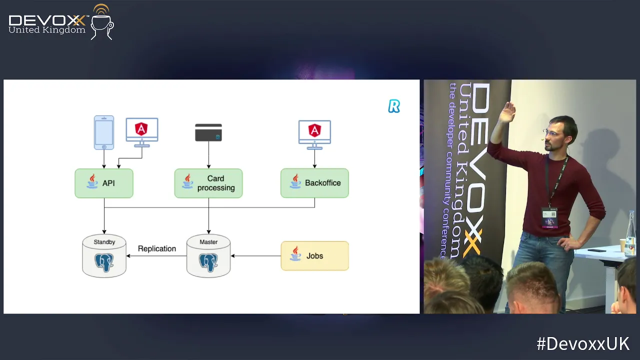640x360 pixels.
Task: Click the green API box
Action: click(x=104, y=183)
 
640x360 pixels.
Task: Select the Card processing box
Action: click(x=208, y=183)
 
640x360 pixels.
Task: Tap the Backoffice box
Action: click(x=314, y=183)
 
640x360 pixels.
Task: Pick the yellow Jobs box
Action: click(x=314, y=256)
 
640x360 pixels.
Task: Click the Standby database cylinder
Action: click(x=104, y=256)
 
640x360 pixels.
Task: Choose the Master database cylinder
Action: click(x=208, y=256)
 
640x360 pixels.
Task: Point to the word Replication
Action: click(x=157, y=248)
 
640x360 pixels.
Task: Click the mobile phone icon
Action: click(x=104, y=132)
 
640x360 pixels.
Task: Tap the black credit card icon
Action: click(x=208, y=133)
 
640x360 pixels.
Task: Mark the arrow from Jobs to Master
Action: click(x=255, y=256)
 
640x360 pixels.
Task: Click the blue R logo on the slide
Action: click(x=394, y=106)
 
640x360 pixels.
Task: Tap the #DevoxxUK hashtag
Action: click(x=583, y=344)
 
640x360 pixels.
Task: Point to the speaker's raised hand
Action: click(x=508, y=113)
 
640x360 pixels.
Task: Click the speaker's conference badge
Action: click(x=549, y=217)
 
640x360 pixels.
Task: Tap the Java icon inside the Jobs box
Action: click(x=295, y=254)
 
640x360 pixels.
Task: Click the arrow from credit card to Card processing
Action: click(x=208, y=155)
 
